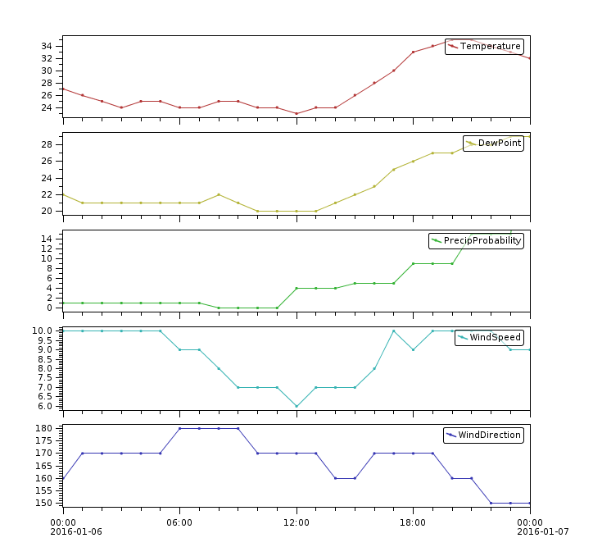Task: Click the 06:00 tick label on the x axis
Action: point(179,522)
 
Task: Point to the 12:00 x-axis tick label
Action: point(296,522)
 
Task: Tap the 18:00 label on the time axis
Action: point(413,522)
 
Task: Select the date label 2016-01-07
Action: point(543,531)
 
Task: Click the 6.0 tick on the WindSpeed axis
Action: point(44,406)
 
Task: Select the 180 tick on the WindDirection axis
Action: point(44,428)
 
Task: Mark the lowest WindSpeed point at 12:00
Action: point(296,406)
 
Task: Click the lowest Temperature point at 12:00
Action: point(296,114)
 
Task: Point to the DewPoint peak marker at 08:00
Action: point(219,194)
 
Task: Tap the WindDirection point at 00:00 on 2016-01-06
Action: point(63,478)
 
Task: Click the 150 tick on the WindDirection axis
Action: point(44,503)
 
